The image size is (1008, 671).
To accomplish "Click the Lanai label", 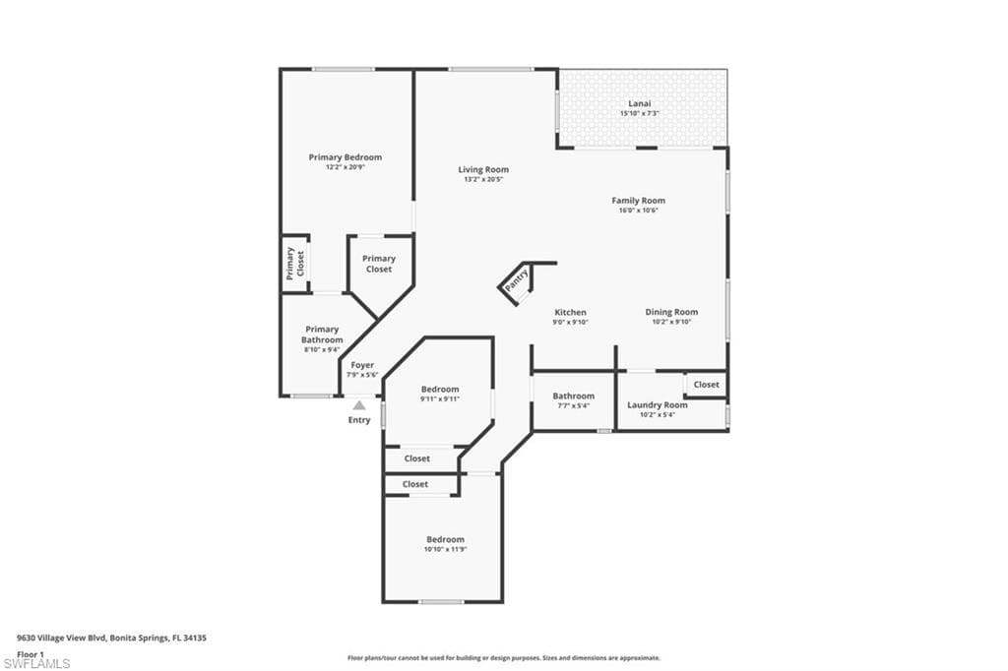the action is point(639,103).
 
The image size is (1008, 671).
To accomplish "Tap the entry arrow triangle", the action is point(359,405).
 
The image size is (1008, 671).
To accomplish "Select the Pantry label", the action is point(516,280).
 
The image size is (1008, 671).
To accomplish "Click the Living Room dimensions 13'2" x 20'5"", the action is point(483,179).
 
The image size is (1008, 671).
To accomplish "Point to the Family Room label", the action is point(638,201).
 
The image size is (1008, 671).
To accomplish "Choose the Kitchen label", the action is point(570,312).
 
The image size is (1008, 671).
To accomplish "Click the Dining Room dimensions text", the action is point(671,322).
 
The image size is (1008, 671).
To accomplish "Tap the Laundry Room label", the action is point(657,405).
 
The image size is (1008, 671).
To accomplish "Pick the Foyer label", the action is point(362,365).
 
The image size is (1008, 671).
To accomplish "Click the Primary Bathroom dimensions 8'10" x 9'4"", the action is point(322,349).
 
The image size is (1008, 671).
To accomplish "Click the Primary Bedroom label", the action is point(346,157).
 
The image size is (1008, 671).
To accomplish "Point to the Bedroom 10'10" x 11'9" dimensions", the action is point(445,550).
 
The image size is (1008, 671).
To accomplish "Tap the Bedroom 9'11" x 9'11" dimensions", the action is point(440,399).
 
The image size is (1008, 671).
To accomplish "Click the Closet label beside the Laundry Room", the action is point(706,385).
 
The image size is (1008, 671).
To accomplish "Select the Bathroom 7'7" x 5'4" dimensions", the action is point(574,405).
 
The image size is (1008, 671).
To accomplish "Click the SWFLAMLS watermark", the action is point(36,663).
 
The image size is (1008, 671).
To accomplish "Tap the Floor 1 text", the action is point(31,654).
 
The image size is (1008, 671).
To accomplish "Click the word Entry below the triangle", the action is point(359,420).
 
